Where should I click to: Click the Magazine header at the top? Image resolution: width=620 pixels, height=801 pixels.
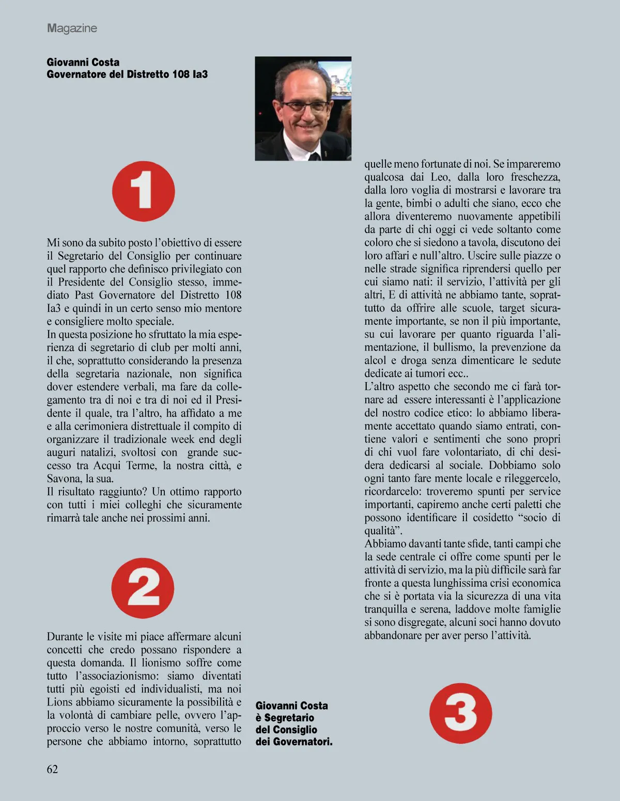tap(72, 28)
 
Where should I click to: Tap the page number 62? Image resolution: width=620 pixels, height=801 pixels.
tap(52, 769)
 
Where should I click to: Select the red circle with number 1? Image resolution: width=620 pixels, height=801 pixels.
tap(144, 192)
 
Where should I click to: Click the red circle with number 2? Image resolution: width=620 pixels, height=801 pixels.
tap(143, 588)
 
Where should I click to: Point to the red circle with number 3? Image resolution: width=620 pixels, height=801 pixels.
tap(460, 713)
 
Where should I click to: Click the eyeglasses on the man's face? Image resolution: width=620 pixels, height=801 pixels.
tap(304, 107)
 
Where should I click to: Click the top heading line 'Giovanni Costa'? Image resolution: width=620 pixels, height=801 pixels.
tap(83, 62)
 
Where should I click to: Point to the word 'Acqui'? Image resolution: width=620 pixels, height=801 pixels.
tap(106, 465)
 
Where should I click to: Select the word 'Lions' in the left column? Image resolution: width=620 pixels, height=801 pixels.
tap(59, 702)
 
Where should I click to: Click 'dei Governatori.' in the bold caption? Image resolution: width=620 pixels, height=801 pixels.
tap(294, 742)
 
